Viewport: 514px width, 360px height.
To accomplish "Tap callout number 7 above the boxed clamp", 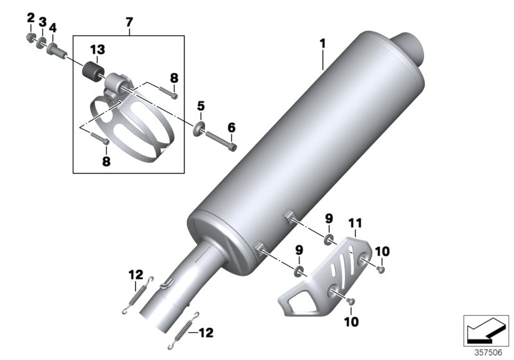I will [128, 22].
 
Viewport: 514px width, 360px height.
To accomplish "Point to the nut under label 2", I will [30, 37].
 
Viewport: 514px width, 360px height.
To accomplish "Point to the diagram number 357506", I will [489, 352].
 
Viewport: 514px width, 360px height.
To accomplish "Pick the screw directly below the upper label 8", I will [172, 96].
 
